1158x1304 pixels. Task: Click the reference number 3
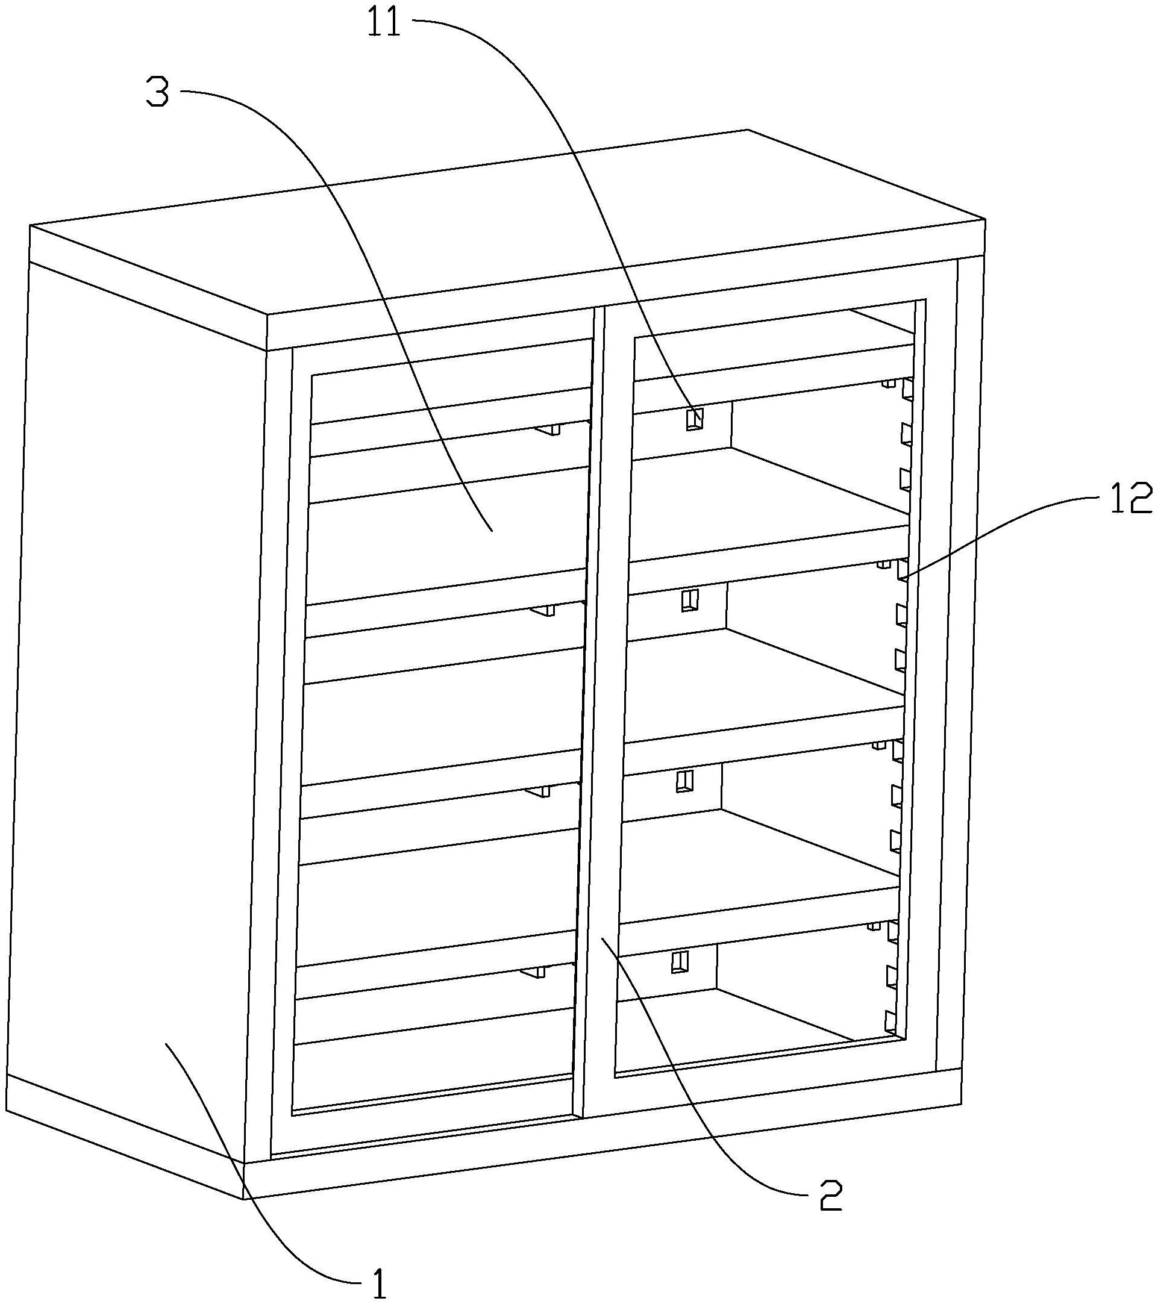click(158, 93)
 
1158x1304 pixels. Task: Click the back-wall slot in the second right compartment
click(689, 601)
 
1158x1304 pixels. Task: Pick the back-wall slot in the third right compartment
click(684, 781)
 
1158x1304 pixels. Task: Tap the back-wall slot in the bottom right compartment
click(681, 961)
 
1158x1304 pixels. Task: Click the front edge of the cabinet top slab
click(625, 300)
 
